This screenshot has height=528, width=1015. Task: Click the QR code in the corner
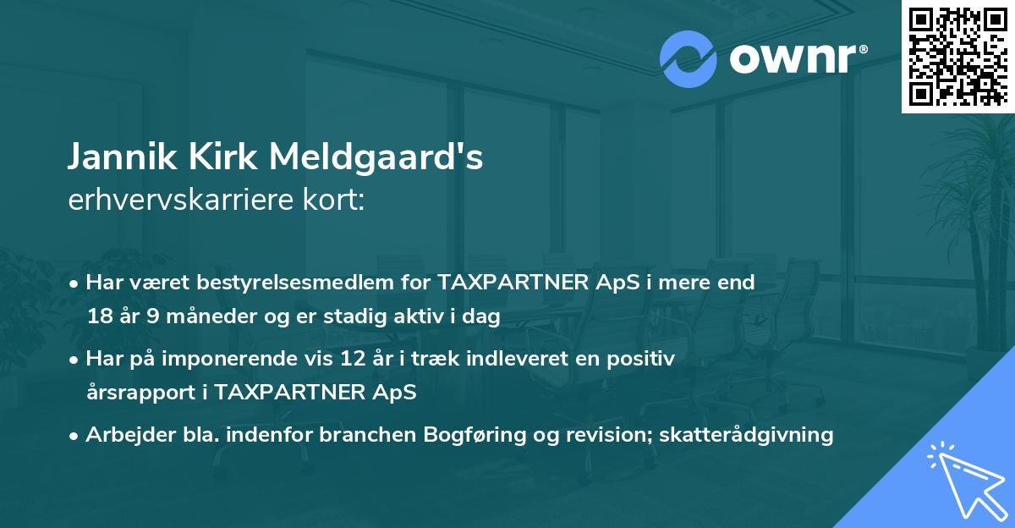[x=957, y=56]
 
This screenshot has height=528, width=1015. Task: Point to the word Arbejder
[x=124, y=435]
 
